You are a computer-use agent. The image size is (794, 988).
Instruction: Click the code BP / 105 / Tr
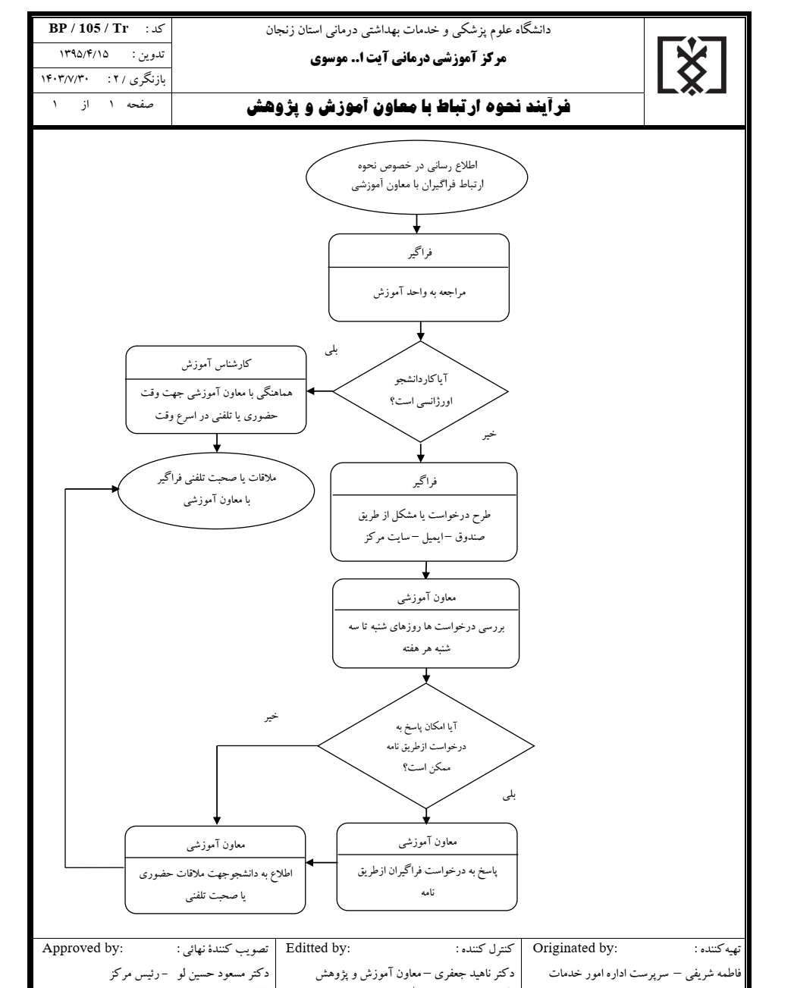89,29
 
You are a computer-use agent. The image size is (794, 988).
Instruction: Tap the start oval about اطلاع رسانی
418,180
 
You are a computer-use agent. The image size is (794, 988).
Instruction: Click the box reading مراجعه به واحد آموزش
418,277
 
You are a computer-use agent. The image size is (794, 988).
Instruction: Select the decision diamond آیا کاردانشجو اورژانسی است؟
421,391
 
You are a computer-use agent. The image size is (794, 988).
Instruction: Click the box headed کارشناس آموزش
217,389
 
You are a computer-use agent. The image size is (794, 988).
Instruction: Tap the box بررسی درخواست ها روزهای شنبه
427,623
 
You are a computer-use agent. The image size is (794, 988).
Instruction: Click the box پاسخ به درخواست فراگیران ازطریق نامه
427,866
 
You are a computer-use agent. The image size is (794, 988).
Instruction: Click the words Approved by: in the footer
85,947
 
